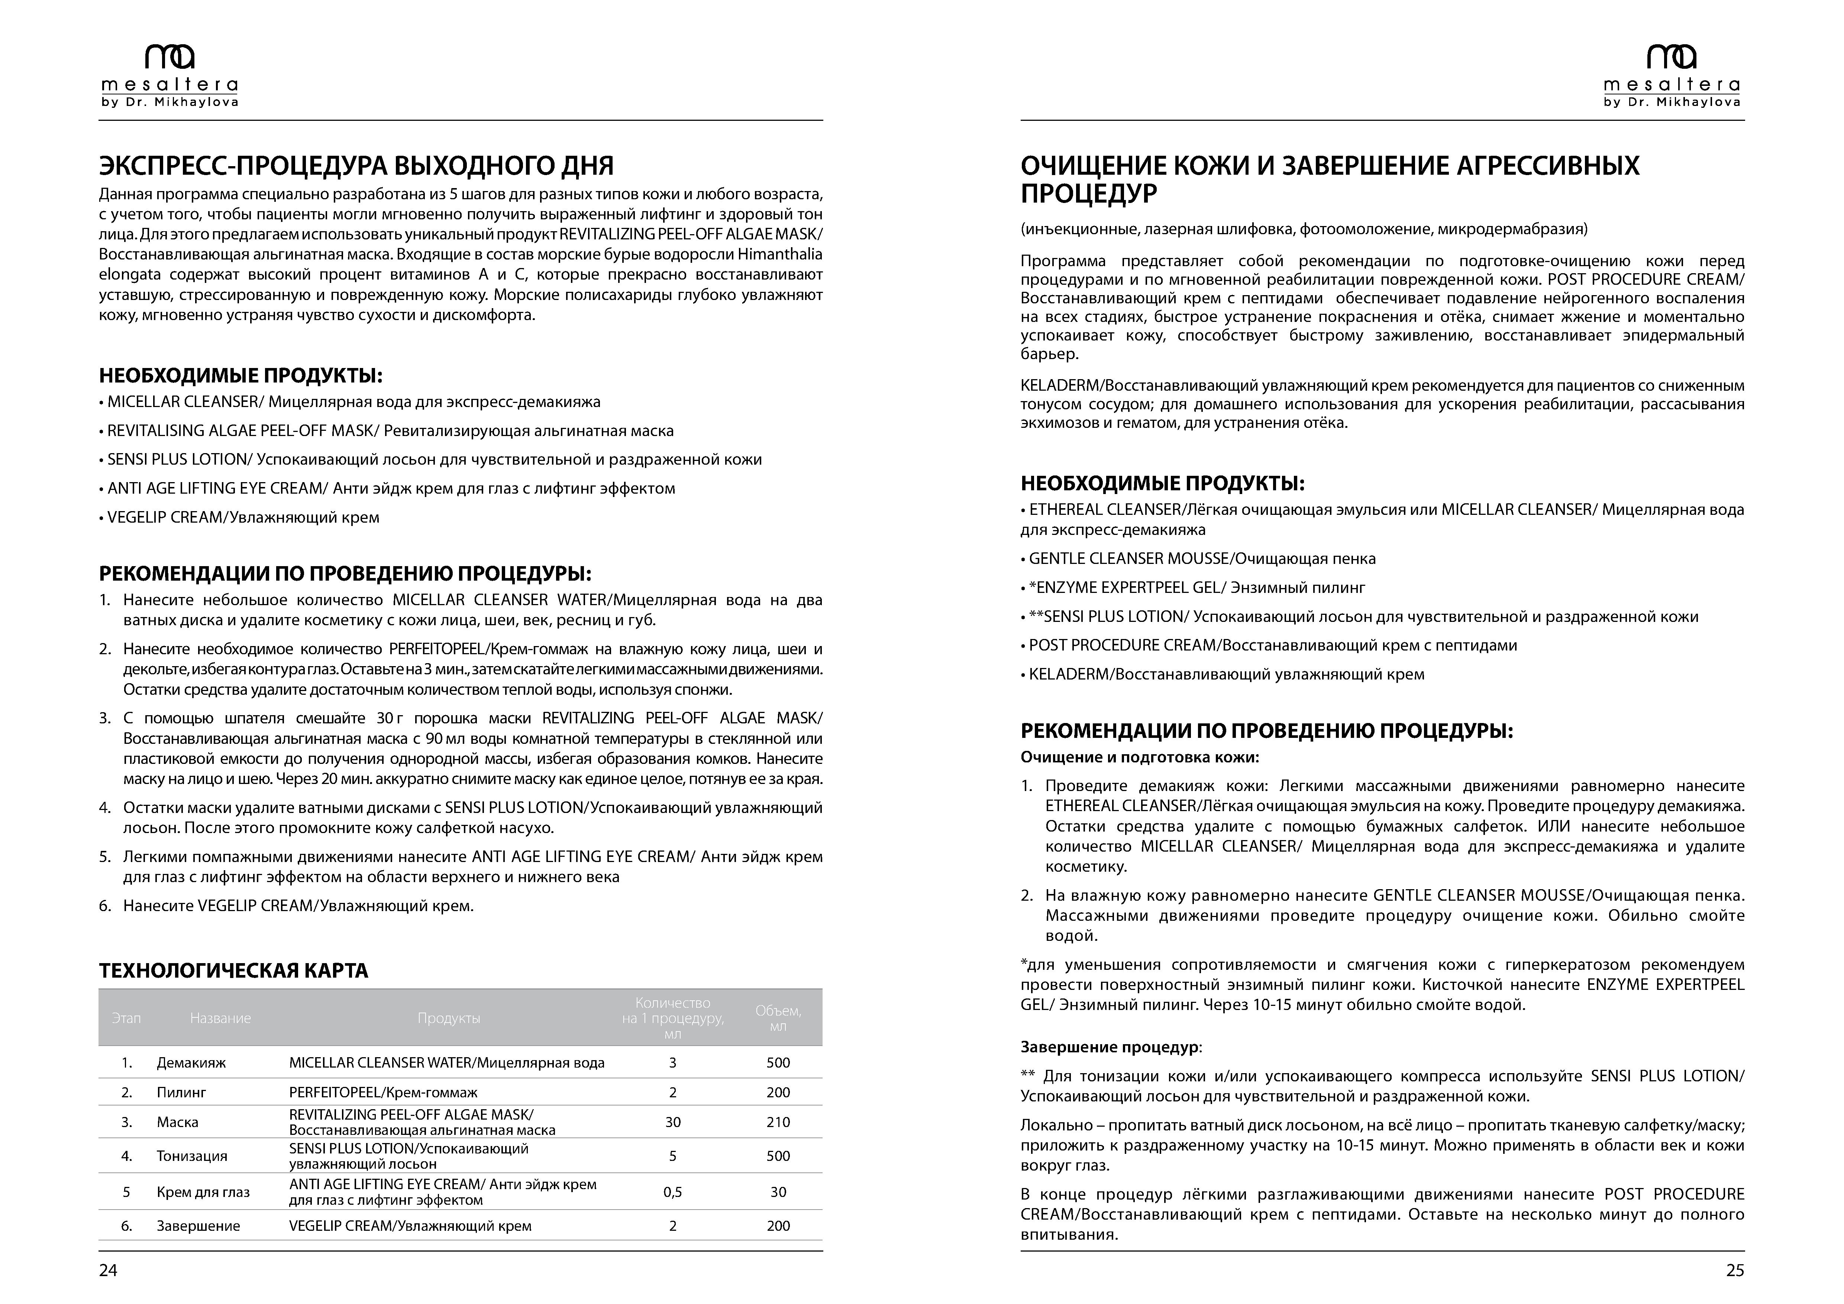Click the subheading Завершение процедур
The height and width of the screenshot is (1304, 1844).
[x=1111, y=1047]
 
